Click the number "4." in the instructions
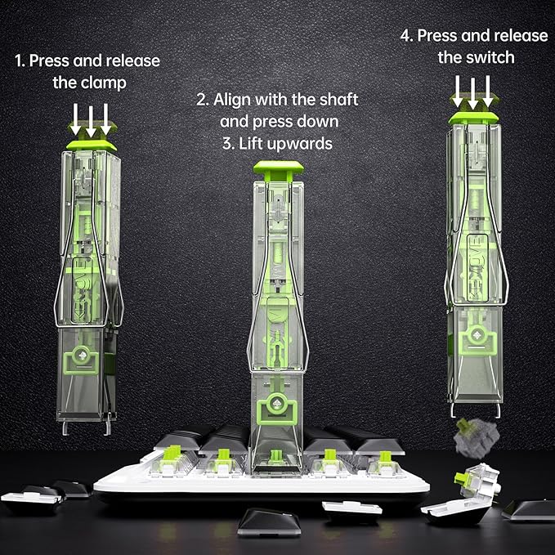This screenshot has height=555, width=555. pyautogui.click(x=407, y=36)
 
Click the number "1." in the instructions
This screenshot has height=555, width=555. pyautogui.click(x=20, y=60)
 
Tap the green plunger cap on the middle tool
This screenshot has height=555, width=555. pyautogui.click(x=279, y=170)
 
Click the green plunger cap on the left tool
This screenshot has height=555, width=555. pyautogui.click(x=92, y=145)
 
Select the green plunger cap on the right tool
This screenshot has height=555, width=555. pyautogui.click(x=473, y=118)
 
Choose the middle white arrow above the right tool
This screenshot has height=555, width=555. pyautogui.click(x=473, y=93)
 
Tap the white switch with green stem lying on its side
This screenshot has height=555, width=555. pyautogui.click(x=478, y=481)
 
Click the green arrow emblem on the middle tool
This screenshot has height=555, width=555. pyautogui.click(x=277, y=408)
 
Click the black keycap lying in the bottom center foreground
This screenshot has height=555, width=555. pyautogui.click(x=270, y=523)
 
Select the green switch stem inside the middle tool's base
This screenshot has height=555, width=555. pyautogui.click(x=276, y=457)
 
